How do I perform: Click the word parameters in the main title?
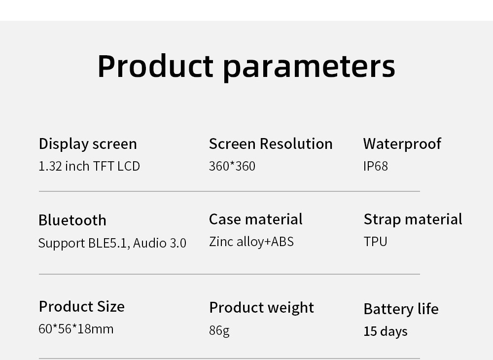point(309,66)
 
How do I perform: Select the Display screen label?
point(88,144)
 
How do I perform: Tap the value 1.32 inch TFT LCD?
point(89,166)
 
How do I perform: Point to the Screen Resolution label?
point(271,144)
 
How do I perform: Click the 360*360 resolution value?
point(232,166)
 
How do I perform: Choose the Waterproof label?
point(402,144)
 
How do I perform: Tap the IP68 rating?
point(376,166)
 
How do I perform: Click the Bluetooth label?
point(72,220)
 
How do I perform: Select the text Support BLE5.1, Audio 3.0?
point(112,243)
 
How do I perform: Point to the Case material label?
point(256,219)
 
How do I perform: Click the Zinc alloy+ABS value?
point(251,242)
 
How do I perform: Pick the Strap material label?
point(413,219)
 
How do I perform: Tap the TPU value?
point(376,242)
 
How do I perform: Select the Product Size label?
point(82,307)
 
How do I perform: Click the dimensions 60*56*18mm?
point(76,329)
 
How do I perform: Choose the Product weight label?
point(262,308)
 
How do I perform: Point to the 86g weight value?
point(219,330)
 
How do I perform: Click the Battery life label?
point(401,309)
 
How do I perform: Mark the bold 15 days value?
point(386,331)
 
